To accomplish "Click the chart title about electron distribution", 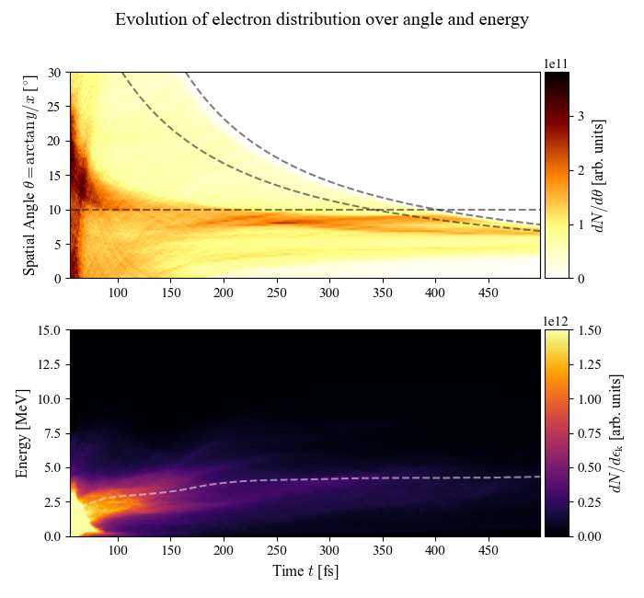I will coord(322,20).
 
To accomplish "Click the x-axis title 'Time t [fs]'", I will coord(305,571).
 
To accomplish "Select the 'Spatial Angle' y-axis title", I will coord(30,175).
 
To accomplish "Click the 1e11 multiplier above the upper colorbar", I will coord(556,63).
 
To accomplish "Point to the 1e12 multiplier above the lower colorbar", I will coord(556,321).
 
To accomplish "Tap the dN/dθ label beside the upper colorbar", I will coord(599,175).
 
